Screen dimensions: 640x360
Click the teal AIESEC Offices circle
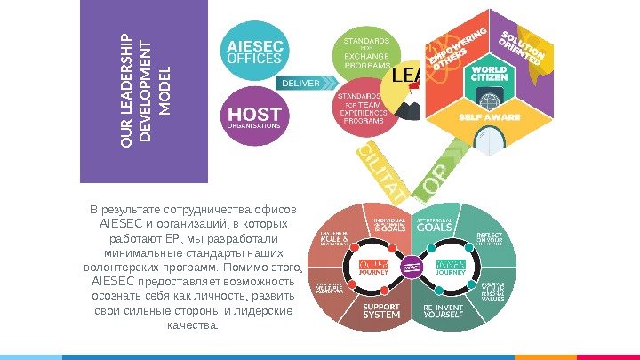point(255,51)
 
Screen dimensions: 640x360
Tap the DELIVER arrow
point(306,82)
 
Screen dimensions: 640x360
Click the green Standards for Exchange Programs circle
point(365,52)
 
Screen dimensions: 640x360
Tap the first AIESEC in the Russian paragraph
point(121,225)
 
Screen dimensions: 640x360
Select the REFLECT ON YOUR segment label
point(490,239)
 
